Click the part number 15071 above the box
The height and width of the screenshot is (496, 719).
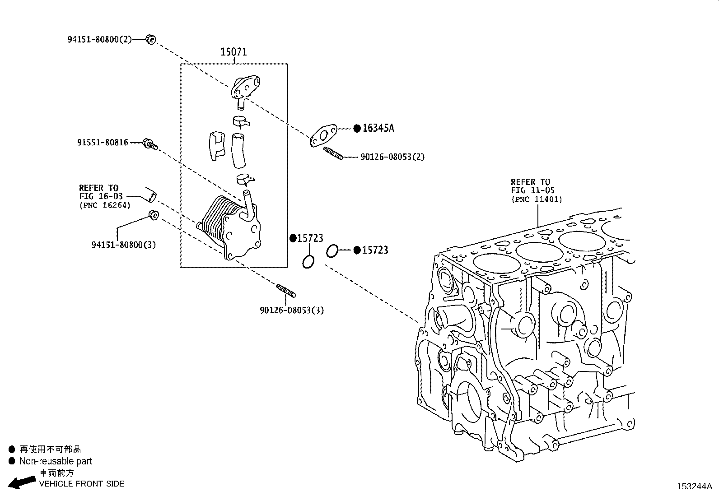click(x=233, y=52)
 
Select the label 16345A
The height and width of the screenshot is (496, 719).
click(x=378, y=128)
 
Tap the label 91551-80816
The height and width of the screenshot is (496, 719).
click(x=103, y=143)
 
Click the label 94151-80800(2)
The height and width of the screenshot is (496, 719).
click(x=99, y=39)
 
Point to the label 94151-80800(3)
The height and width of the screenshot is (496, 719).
click(x=124, y=245)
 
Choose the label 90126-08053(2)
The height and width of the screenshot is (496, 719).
click(x=392, y=157)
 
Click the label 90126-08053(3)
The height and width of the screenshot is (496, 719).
click(x=292, y=310)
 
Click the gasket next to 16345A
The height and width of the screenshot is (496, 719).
click(x=322, y=137)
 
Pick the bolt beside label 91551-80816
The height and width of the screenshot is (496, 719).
click(x=149, y=144)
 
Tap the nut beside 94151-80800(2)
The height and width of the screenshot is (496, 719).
click(x=151, y=40)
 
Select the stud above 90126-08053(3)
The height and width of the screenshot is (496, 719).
click(x=286, y=291)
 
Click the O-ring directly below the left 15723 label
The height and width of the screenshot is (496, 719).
click(x=308, y=261)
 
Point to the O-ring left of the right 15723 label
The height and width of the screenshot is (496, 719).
click(x=332, y=251)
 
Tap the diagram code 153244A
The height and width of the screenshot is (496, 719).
click(x=694, y=487)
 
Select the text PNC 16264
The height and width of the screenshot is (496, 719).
click(x=105, y=205)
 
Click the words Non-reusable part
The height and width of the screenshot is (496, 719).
click(x=56, y=461)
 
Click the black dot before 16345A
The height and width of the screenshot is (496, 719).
click(x=357, y=128)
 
